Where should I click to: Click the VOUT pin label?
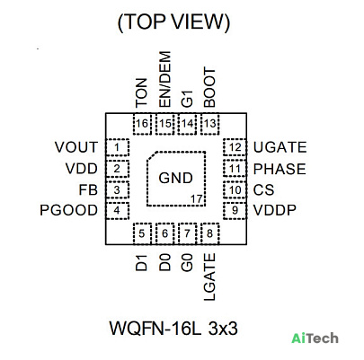[76, 147]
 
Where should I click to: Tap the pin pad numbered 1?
[118, 147]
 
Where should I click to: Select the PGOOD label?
[68, 210]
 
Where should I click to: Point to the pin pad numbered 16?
[142, 124]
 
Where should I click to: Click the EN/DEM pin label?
[164, 80]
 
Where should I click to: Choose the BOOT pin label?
[209, 88]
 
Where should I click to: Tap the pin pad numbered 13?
[210, 124]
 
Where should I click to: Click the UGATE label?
[280, 147]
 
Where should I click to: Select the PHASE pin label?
[280, 169]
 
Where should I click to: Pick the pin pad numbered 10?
[235, 189]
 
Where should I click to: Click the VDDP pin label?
[275, 210]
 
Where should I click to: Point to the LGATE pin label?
[209, 277]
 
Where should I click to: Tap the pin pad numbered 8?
[210, 233]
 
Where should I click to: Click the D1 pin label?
[142, 263]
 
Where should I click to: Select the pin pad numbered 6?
[164, 233]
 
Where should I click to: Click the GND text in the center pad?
[175, 178]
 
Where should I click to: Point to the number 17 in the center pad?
[197, 198]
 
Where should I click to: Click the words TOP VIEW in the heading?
[173, 22]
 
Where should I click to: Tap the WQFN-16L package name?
[155, 329]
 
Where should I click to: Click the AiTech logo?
[315, 338]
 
